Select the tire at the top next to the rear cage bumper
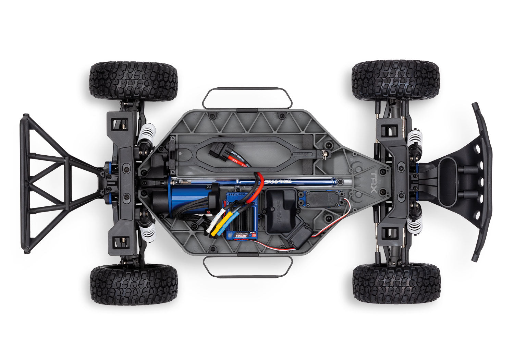pos(133,81)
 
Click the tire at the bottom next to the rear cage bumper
pos(134,284)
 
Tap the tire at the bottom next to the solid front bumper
pos(396,283)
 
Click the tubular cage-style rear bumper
pos(51,183)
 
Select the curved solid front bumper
pos(483,182)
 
